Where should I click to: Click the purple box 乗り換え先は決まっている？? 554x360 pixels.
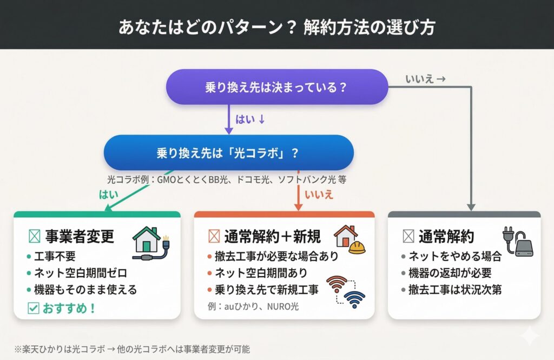click(x=277, y=87)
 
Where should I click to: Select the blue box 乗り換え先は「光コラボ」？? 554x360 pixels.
click(x=229, y=153)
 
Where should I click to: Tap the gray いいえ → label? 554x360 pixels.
click(x=425, y=79)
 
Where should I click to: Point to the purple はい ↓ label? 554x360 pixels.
click(x=250, y=119)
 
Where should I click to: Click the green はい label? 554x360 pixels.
click(x=108, y=195)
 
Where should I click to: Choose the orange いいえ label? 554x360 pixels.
click(x=319, y=195)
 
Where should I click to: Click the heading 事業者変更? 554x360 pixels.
click(x=80, y=236)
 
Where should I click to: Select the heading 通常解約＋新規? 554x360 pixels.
click(x=273, y=236)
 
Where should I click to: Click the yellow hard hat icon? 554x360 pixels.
click(x=357, y=247)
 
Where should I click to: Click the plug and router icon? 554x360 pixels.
click(x=518, y=242)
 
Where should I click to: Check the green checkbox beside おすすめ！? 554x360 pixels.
click(x=33, y=308)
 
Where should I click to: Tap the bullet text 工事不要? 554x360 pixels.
click(x=55, y=256)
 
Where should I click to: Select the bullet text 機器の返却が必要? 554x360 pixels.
click(x=450, y=273)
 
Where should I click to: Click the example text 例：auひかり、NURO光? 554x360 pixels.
click(x=253, y=306)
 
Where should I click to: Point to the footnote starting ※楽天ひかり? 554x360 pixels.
click(x=132, y=349)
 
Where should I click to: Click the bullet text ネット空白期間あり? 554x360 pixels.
click(x=261, y=273)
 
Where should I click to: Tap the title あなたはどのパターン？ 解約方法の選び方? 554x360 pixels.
click(x=276, y=27)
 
